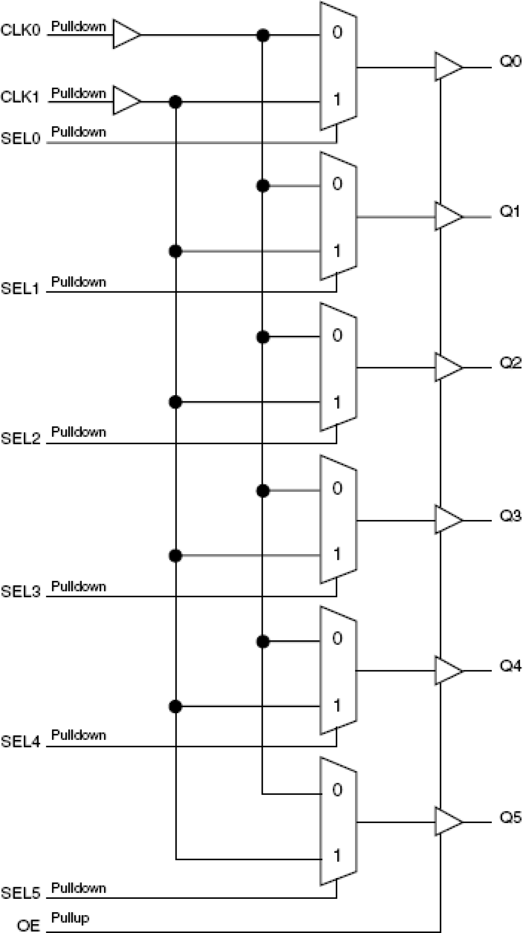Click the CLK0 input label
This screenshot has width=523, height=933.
coord(20,30)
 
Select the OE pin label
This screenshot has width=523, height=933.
coord(29,926)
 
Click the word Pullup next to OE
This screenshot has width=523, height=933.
coord(70,917)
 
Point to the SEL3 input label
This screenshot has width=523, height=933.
coord(20,591)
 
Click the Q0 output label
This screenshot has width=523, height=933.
coord(510,62)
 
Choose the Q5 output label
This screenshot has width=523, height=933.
coord(510,818)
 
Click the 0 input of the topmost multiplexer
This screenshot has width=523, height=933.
coord(337,32)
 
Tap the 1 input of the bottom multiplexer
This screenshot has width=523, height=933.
coord(337,856)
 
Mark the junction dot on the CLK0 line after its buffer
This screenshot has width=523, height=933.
coord(262,35)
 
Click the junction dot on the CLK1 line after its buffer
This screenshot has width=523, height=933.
coord(175,101)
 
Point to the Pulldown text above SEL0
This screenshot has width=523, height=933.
coord(78,132)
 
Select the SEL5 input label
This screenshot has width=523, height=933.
coord(20,893)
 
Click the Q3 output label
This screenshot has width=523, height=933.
coord(510,516)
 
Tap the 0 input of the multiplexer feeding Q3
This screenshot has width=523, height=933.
coord(337,488)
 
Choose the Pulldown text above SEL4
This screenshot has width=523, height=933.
coord(78,735)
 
